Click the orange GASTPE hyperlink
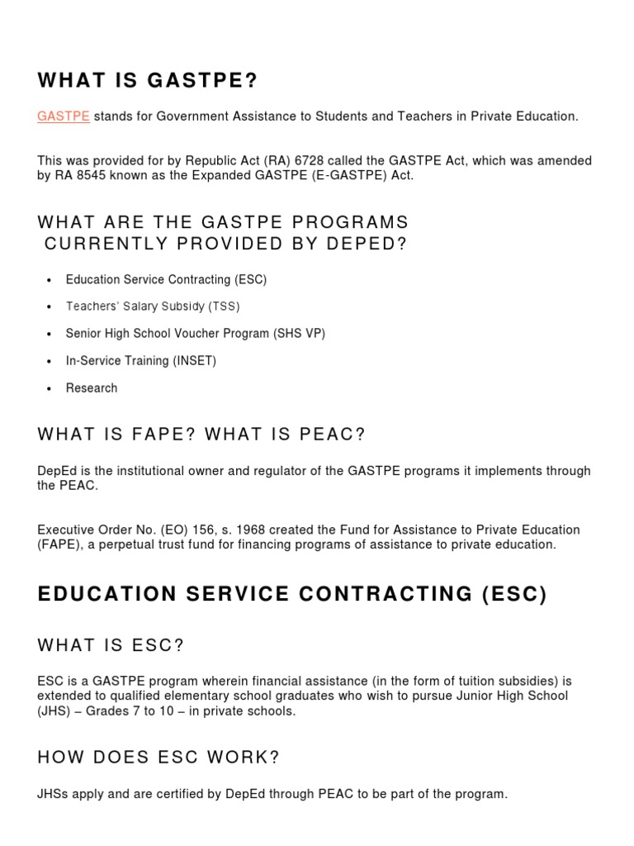(64, 116)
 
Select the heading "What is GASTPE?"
(148, 80)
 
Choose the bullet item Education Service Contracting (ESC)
(166, 279)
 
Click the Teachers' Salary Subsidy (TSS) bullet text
(153, 307)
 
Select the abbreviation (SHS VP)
(300, 334)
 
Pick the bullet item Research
(92, 388)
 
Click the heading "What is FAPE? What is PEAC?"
(201, 435)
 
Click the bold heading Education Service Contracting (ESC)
(292, 595)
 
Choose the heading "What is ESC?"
(111, 645)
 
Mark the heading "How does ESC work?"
(158, 758)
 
